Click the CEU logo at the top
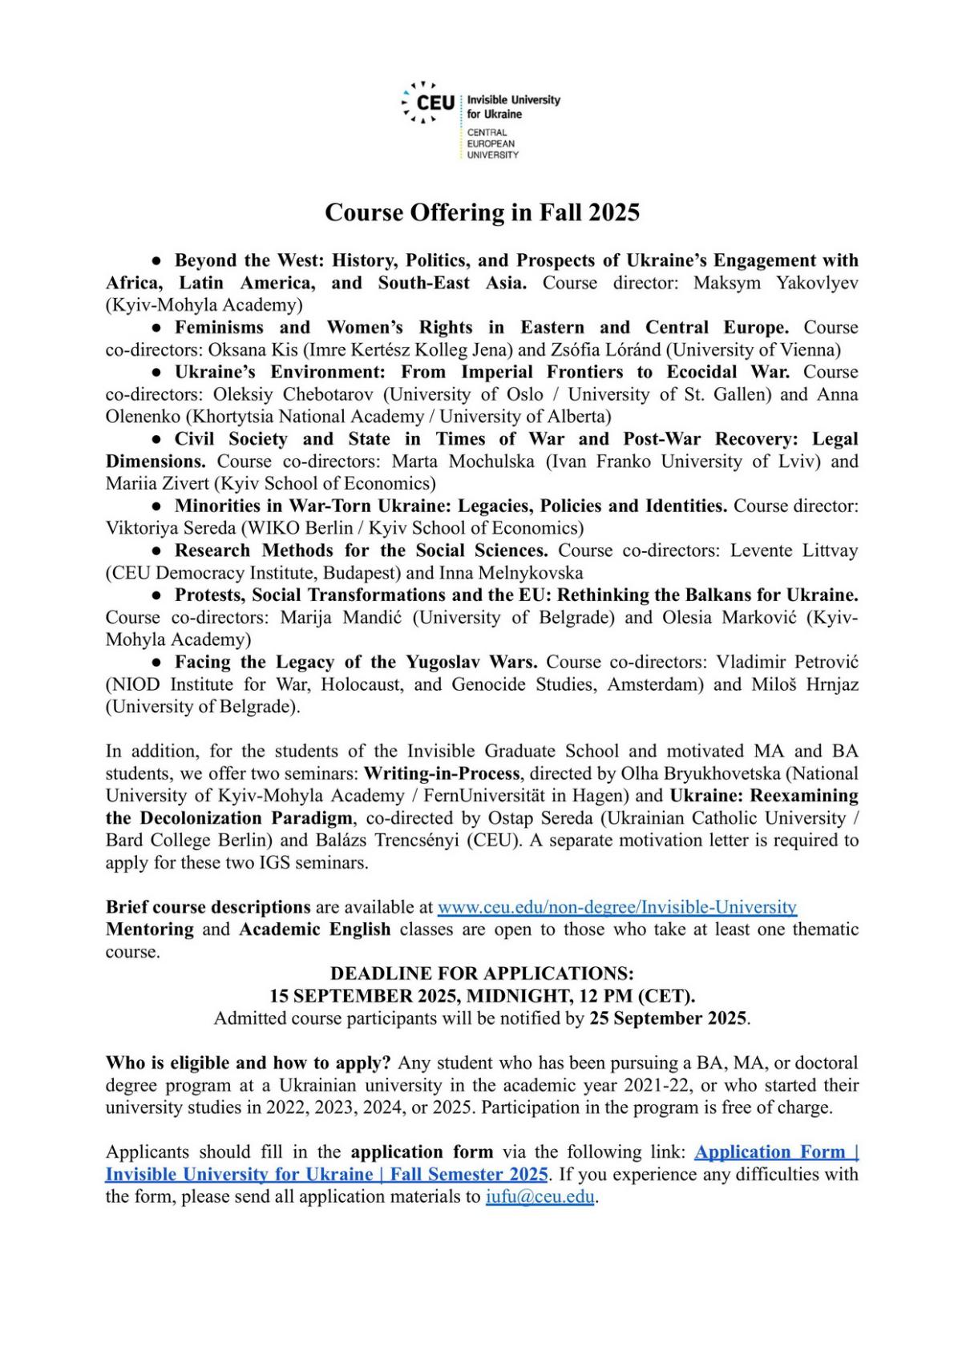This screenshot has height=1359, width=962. click(x=429, y=103)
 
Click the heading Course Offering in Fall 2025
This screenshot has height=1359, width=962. click(x=482, y=212)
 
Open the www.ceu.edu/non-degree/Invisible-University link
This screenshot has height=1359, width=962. click(x=616, y=907)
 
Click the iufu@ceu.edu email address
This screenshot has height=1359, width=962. click(x=540, y=1197)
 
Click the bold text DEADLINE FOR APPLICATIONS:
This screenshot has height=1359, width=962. click(x=482, y=974)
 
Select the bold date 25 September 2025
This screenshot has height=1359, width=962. click(x=668, y=1018)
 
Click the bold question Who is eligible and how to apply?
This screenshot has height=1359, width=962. click(x=249, y=1063)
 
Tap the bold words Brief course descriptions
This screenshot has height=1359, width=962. click(x=208, y=907)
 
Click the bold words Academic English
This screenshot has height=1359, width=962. click(x=314, y=930)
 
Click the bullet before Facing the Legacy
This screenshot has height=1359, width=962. click(x=158, y=662)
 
